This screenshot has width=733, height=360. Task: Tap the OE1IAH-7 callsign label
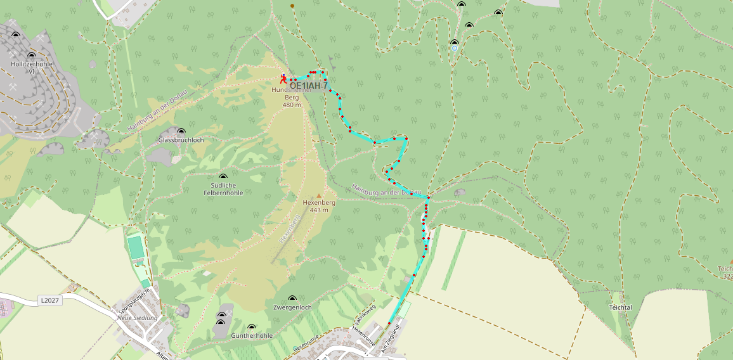tap(308, 86)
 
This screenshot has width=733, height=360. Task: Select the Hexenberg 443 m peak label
tap(319, 206)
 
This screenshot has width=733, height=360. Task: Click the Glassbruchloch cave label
tap(181, 139)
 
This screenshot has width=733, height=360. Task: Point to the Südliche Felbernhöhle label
tap(223, 189)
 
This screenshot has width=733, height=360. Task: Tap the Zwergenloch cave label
tap(292, 307)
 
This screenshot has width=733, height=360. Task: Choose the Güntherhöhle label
tap(252, 335)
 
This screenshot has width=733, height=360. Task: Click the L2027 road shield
tap(49, 300)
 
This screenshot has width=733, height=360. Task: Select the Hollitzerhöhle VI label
tap(31, 68)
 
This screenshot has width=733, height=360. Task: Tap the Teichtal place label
tap(620, 307)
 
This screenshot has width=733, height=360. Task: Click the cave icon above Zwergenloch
tap(292, 299)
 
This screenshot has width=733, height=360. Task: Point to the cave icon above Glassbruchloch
tap(181, 131)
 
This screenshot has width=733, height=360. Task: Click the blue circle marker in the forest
tap(455, 48)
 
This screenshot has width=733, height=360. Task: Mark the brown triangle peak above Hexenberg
tap(319, 195)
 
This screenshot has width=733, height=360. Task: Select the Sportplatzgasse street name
tap(134, 300)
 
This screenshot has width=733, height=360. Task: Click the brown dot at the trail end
tap(292, 6)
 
